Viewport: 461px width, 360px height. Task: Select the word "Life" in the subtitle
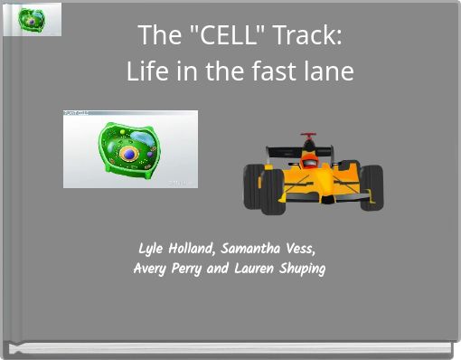[146, 71]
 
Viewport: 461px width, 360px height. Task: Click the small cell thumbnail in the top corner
[33, 19]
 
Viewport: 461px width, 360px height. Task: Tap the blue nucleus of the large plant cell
[129, 154]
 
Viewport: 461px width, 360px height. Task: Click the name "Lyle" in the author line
[150, 249]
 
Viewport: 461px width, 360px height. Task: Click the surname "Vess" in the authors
[302, 249]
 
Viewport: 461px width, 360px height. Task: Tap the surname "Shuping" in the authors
[302, 269]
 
